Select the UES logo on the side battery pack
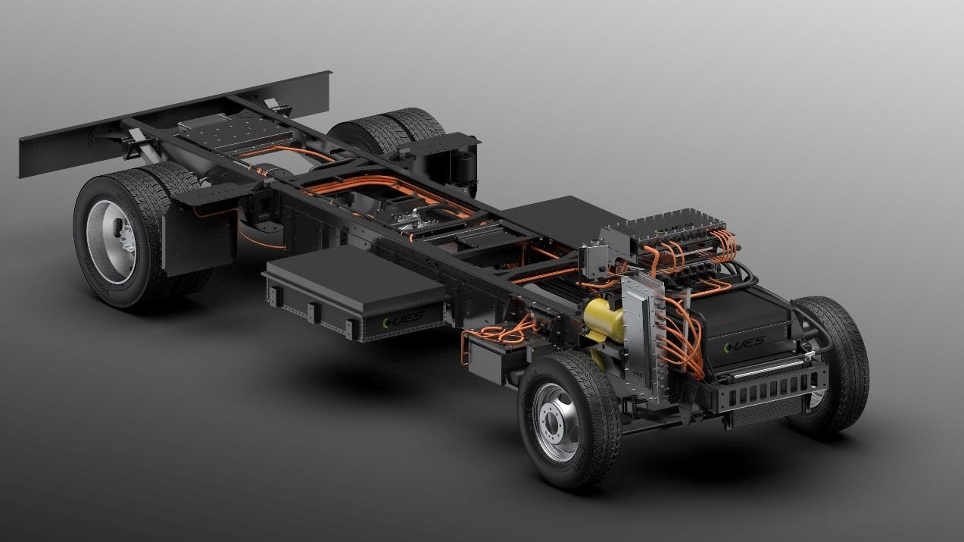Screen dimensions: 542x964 pyautogui.click(x=402, y=321)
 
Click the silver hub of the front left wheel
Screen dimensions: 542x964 pyautogui.click(x=557, y=421)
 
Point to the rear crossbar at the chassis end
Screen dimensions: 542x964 pyautogui.click(x=174, y=124)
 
